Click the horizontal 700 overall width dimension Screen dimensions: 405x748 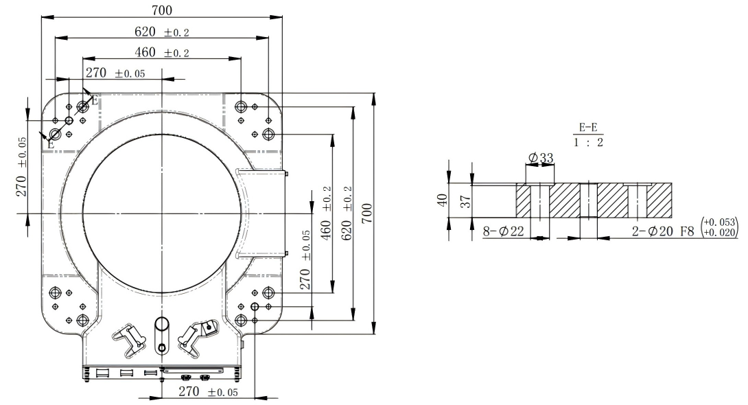point(162,10)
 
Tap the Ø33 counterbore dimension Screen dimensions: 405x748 point(541,159)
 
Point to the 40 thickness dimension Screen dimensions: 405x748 point(443,200)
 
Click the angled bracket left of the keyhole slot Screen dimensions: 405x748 point(130,336)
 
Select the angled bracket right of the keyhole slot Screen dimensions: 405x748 point(196,334)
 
